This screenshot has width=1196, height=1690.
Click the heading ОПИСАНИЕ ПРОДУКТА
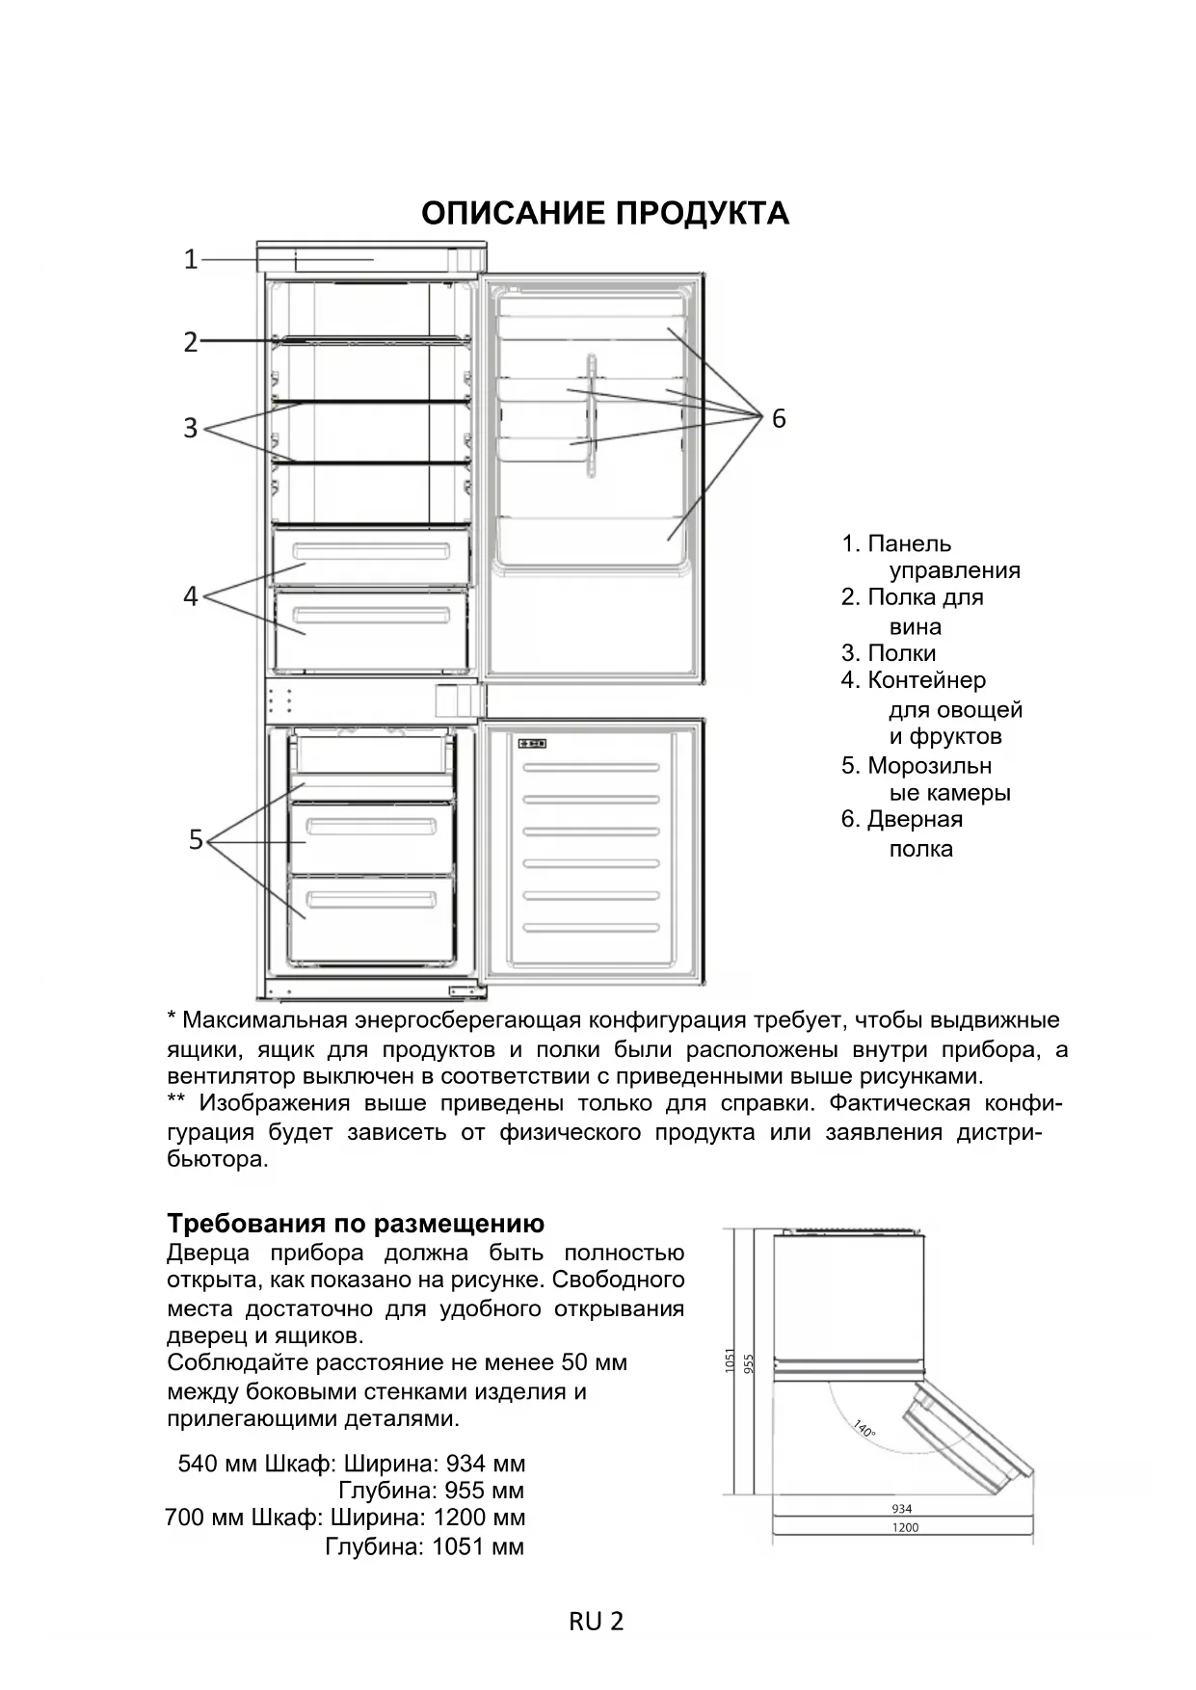pyautogui.click(x=604, y=213)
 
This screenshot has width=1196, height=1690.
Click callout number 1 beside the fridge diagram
pyautogui.click(x=191, y=259)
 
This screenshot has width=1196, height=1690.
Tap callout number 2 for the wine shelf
pyautogui.click(x=191, y=342)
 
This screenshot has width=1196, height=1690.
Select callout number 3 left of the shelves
pyautogui.click(x=191, y=428)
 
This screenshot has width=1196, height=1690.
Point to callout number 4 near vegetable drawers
pyautogui.click(x=191, y=596)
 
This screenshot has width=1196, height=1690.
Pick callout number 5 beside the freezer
pyautogui.click(x=196, y=840)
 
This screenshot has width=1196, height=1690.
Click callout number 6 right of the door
pyautogui.click(x=779, y=418)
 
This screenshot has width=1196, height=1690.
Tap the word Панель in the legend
pyautogui.click(x=909, y=543)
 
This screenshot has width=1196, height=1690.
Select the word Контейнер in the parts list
pyautogui.click(x=926, y=680)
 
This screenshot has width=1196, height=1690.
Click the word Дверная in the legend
pyautogui.click(x=915, y=819)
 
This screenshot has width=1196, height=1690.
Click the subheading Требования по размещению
pyautogui.click(x=356, y=1224)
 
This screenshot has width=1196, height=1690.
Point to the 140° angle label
pyautogui.click(x=864, y=1428)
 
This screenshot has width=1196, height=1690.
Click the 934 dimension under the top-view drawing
pyautogui.click(x=902, y=1509)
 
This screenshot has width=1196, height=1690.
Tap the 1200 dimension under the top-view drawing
pyautogui.click(x=905, y=1527)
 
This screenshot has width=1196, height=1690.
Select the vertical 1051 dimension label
pyautogui.click(x=730, y=1360)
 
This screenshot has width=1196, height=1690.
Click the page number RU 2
pyautogui.click(x=597, y=1622)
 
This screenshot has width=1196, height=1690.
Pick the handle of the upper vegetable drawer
pyautogui.click(x=371, y=552)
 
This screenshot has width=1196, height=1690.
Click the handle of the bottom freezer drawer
pyautogui.click(x=371, y=902)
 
